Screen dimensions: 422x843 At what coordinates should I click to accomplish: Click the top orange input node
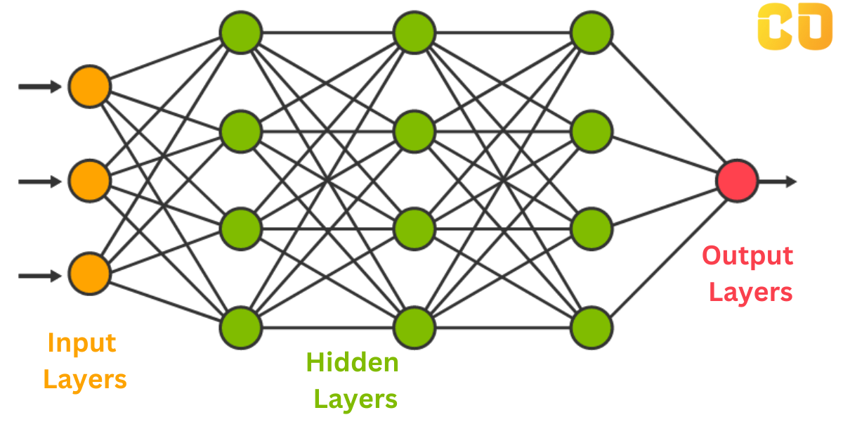(89, 86)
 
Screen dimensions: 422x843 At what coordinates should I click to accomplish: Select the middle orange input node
(89, 181)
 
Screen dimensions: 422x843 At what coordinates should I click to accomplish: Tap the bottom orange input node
(89, 275)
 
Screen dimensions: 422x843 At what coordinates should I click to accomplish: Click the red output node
(737, 181)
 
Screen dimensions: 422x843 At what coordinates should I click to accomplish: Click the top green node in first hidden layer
(241, 32)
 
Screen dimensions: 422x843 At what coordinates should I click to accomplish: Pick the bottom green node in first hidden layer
(241, 327)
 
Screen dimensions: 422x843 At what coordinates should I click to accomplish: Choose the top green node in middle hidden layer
(414, 32)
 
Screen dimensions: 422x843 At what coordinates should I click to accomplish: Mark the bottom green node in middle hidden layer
(414, 327)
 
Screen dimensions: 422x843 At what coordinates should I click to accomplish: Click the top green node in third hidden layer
(592, 32)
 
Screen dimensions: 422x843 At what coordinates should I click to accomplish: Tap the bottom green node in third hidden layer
(592, 327)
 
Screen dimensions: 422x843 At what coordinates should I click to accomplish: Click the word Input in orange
(81, 343)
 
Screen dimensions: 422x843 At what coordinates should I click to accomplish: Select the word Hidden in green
(352, 363)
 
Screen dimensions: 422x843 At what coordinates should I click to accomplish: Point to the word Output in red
(747, 255)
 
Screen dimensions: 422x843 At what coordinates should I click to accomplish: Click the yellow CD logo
(795, 27)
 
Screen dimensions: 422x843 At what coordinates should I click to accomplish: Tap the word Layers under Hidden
(355, 399)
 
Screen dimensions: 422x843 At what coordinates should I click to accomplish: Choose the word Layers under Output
(750, 292)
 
